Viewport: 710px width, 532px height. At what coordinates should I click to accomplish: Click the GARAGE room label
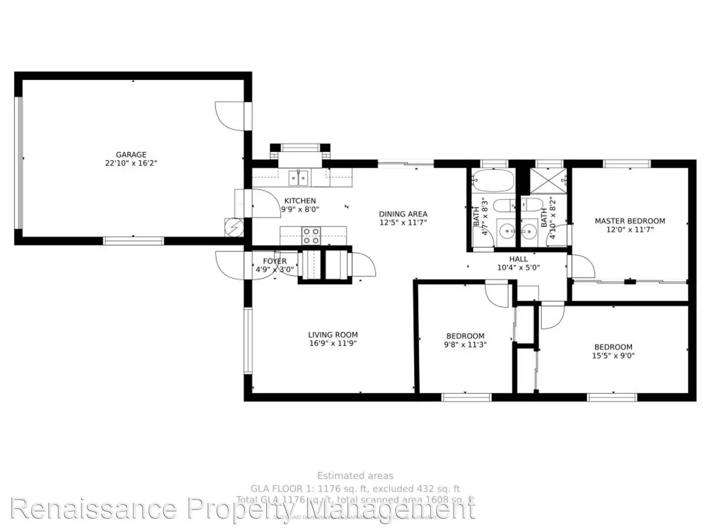pyautogui.click(x=131, y=155)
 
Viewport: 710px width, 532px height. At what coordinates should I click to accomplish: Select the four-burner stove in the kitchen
pyautogui.click(x=311, y=235)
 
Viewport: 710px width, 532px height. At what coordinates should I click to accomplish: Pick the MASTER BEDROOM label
pyautogui.click(x=630, y=221)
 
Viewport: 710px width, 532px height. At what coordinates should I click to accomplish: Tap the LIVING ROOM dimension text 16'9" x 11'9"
pyautogui.click(x=333, y=343)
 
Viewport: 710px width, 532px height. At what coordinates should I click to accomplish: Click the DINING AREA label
pyautogui.click(x=403, y=214)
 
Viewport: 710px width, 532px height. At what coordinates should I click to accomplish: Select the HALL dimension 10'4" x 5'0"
pyautogui.click(x=518, y=267)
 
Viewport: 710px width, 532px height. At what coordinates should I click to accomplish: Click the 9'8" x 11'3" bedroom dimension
pyautogui.click(x=465, y=345)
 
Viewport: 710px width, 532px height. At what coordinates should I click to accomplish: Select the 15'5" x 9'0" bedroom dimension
pyautogui.click(x=613, y=355)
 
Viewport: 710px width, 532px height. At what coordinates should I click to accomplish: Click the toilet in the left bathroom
pyautogui.click(x=504, y=206)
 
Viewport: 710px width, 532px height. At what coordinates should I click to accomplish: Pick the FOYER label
pyautogui.click(x=275, y=261)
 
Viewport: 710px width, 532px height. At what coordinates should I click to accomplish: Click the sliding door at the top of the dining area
pyautogui.click(x=406, y=163)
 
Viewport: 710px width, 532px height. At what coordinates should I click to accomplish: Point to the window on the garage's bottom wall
pyautogui.click(x=133, y=241)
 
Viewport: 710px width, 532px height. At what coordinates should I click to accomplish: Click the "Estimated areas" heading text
pyautogui.click(x=355, y=476)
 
